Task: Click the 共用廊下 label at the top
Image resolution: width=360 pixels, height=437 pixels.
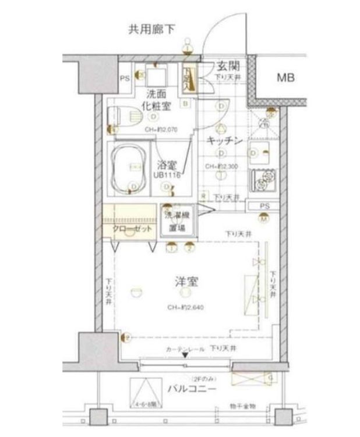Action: (x=151, y=29)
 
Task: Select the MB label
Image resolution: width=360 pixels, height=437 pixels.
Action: (x=285, y=77)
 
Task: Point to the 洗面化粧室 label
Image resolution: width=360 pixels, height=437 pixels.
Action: (x=158, y=100)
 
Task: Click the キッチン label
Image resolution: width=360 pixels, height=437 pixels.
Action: (x=225, y=141)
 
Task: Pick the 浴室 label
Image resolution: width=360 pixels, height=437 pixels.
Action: (x=167, y=165)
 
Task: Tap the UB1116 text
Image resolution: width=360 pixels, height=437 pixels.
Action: (x=166, y=175)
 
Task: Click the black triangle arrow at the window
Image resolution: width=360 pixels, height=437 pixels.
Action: (x=185, y=356)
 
